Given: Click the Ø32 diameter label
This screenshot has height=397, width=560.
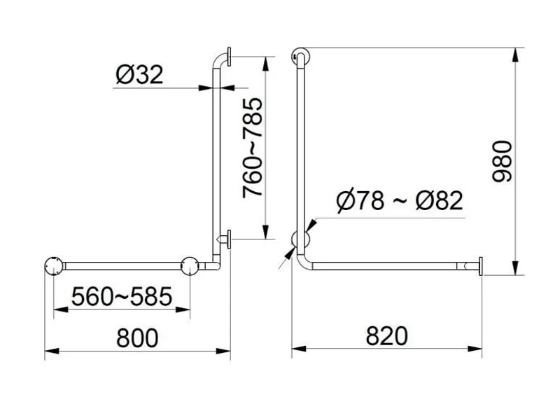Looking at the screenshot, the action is click(139, 74).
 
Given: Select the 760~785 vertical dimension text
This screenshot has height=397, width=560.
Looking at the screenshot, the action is click(253, 147).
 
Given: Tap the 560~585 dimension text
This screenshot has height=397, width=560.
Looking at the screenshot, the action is click(122, 297).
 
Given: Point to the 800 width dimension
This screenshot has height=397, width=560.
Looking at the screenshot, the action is click(137, 337).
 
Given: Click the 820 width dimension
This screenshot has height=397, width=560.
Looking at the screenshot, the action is click(386, 336).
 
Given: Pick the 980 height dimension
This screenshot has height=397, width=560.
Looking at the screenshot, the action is click(502, 161).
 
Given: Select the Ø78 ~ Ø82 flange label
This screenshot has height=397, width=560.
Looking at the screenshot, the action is click(400, 200).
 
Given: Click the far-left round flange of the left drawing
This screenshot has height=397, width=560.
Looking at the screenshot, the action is click(54, 266).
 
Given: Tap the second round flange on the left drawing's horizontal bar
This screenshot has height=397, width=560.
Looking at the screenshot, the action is click(190, 266).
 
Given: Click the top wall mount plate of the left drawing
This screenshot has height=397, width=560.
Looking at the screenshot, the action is click(229, 57).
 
